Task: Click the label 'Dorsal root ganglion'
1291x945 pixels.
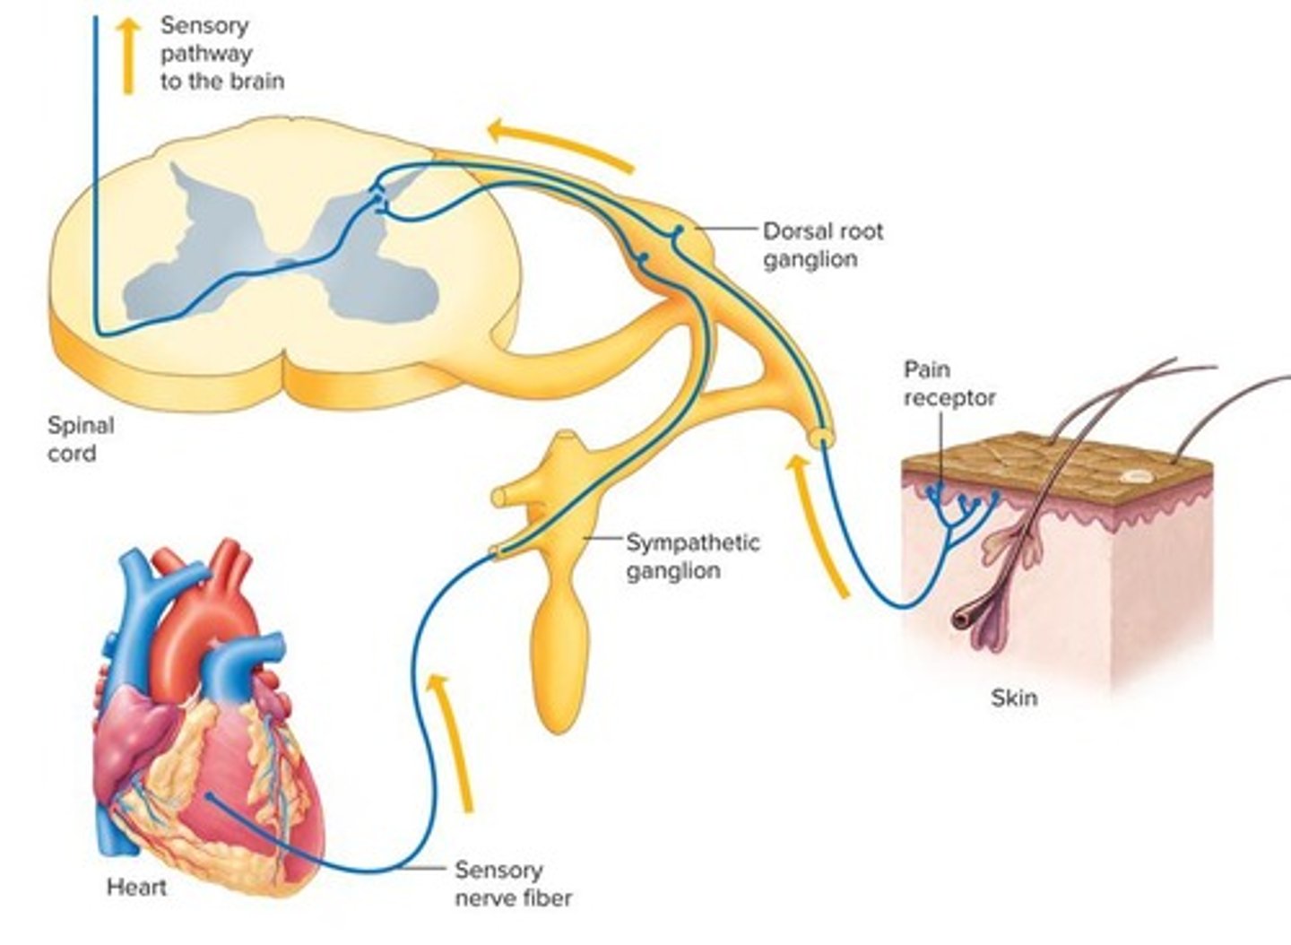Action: pos(822,245)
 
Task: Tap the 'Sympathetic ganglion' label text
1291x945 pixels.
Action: pos(692,556)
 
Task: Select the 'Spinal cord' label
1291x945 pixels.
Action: pos(80,438)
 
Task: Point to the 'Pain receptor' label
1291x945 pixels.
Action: pos(949,384)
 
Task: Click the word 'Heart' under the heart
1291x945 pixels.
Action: pos(136,888)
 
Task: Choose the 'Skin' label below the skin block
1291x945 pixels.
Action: pos(1014,697)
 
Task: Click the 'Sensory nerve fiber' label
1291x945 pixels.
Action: pos(512,883)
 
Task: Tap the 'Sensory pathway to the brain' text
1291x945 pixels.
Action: pos(221,54)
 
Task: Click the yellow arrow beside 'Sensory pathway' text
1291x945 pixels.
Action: pos(129,56)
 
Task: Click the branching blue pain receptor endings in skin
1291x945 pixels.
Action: pos(960,507)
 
